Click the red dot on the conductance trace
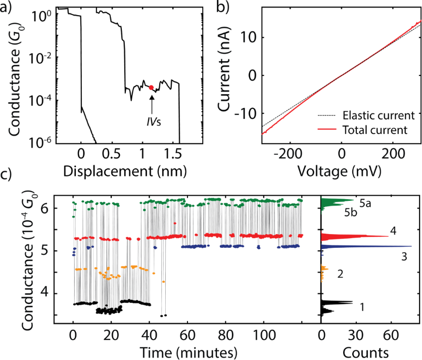(x=151, y=87)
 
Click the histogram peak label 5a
(x=366, y=204)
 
